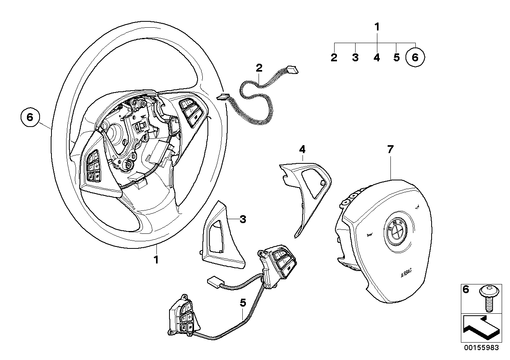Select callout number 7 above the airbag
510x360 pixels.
pos(390,150)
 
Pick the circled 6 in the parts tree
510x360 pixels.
pos(415,58)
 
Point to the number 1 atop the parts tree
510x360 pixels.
pos(377,27)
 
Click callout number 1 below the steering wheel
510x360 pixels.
pos(156,260)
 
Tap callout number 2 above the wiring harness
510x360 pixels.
pos(259,68)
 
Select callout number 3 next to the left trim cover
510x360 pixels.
pos(243,219)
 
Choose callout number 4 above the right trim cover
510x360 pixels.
pos(302,150)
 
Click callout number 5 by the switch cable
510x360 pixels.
pos(243,303)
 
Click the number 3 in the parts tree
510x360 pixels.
pos(355,58)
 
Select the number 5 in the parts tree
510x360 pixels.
pos(396,58)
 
